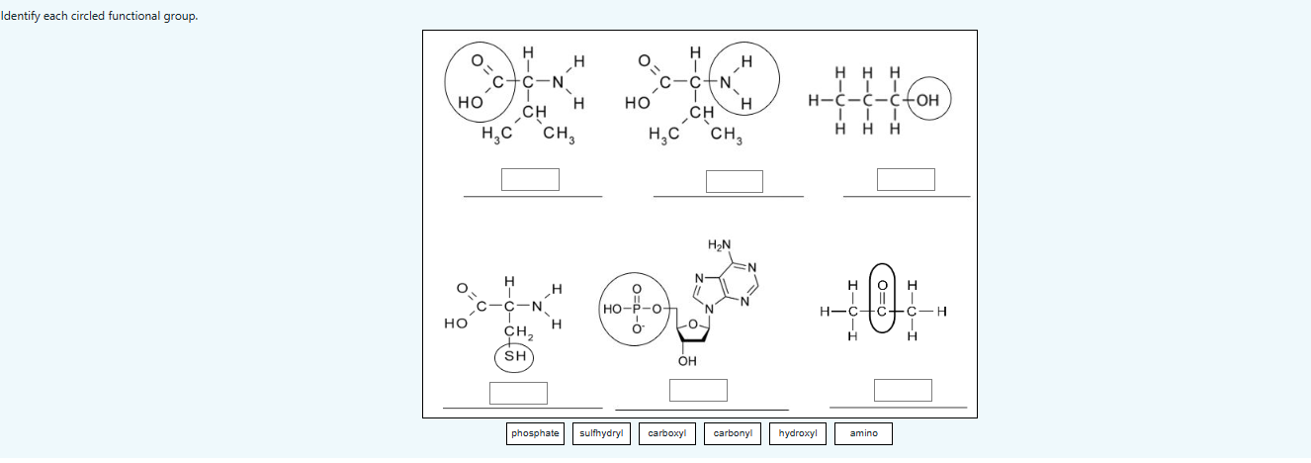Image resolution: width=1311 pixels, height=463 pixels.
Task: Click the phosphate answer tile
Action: pos(535,433)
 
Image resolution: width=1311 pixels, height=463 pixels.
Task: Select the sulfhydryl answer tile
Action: pos(600,433)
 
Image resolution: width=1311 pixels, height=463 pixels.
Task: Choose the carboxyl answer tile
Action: pos(667,433)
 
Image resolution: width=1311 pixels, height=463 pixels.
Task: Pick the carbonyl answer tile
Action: pos(733,433)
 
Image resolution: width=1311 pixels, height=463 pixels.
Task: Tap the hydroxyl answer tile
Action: pos(798,433)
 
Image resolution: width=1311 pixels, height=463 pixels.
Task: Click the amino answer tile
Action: pos(863,433)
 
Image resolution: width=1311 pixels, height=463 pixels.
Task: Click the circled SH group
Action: pos(514,356)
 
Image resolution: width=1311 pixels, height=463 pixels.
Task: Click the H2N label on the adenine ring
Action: pos(720,244)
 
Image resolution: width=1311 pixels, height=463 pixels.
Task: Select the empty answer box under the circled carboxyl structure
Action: pos(530,179)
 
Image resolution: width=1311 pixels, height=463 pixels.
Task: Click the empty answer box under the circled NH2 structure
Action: pos(734,181)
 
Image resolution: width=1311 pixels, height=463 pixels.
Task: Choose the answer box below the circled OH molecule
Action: pos(905,179)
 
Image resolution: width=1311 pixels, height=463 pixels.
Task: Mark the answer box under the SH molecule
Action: pos(518,393)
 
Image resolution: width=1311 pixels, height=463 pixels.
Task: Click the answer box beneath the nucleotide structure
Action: pos(698,390)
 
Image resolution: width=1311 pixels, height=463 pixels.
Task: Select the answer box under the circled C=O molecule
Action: pos(902,390)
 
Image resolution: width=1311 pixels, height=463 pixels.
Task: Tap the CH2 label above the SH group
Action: pos(516,331)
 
